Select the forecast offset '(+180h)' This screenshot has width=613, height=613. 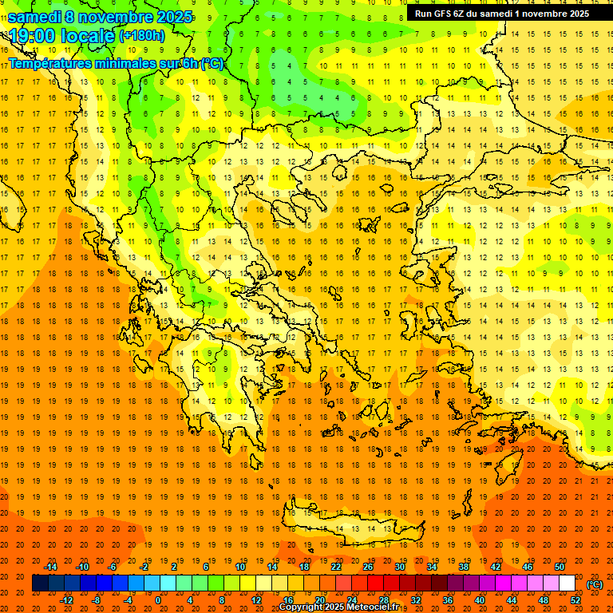pyautogui.click(x=142, y=36)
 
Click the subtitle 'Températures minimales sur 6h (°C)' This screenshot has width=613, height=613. pyautogui.click(x=116, y=64)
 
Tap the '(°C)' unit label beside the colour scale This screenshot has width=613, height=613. pyautogui.click(x=595, y=584)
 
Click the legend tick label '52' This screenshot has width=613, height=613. pyautogui.click(x=575, y=600)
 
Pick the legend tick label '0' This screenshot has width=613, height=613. pyautogui.click(x=158, y=600)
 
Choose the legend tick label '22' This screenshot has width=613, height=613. pyautogui.click(x=336, y=567)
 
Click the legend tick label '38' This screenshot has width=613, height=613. pyautogui.click(x=463, y=567)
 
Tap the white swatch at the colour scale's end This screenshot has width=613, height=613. pyautogui.click(x=567, y=583)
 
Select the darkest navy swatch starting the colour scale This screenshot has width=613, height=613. pyautogui.click(x=40, y=583)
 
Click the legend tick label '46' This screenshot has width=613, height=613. pyautogui.click(x=527, y=567)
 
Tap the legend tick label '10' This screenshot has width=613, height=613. pyautogui.click(x=240, y=567)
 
